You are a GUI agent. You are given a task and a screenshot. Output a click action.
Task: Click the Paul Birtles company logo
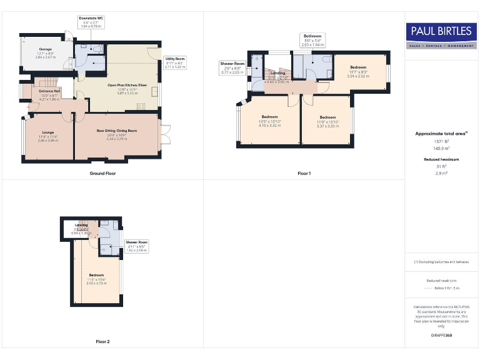[x=441, y=36]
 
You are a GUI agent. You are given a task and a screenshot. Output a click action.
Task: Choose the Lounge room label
[x=48, y=134]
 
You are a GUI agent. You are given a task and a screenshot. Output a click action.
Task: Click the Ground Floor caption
[x=102, y=173]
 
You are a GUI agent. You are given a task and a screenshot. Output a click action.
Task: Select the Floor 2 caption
[x=102, y=342]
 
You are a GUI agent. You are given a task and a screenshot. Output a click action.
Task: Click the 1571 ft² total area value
[x=441, y=142]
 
